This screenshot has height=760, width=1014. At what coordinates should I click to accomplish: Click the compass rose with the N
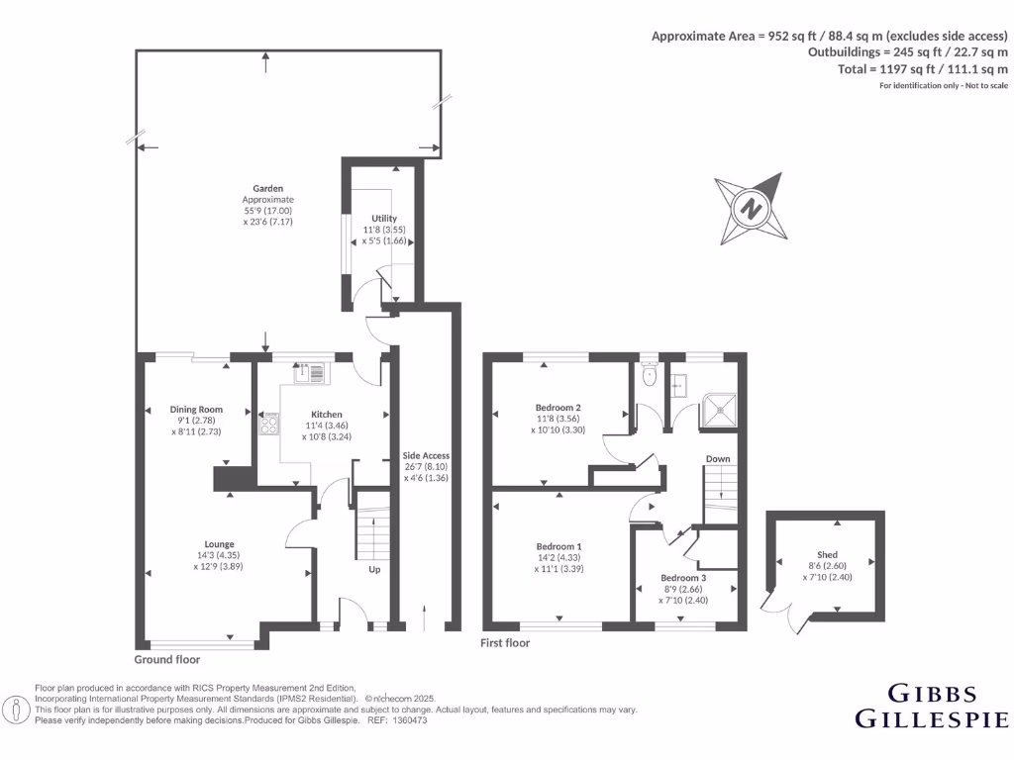pyautogui.click(x=752, y=209)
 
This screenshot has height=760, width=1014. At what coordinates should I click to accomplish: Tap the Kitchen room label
pyautogui.click(x=327, y=415)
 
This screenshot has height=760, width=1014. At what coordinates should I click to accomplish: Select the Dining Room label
pyautogui.click(x=196, y=409)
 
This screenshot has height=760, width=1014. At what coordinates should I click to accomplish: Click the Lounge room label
pyautogui.click(x=219, y=543)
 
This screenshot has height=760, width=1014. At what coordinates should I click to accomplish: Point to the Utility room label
pyautogui.click(x=384, y=219)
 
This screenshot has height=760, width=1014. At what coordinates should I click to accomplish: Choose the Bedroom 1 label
pyautogui.click(x=558, y=546)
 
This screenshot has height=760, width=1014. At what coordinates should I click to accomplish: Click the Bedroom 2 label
pyautogui.click(x=558, y=407)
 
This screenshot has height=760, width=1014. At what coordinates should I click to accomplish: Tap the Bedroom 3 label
pyautogui.click(x=684, y=578)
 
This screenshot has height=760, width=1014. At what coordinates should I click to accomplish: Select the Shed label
pyautogui.click(x=827, y=554)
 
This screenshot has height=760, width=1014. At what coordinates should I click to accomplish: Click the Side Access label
pyautogui.click(x=426, y=455)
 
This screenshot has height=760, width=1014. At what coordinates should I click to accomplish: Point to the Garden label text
pyautogui.click(x=267, y=188)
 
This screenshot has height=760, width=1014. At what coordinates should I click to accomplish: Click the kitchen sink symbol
pyautogui.click(x=309, y=373)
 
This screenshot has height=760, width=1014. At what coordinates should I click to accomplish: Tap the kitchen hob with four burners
pyautogui.click(x=268, y=424)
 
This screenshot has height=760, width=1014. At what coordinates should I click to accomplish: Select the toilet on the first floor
pyautogui.click(x=650, y=375)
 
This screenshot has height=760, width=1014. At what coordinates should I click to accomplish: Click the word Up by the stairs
pyautogui.click(x=374, y=570)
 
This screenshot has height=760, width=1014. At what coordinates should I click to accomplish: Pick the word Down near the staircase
pyautogui.click(x=718, y=459)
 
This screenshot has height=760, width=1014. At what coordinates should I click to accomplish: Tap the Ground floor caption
pyautogui.click(x=167, y=659)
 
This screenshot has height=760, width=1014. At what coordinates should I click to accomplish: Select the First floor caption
pyautogui.click(x=505, y=643)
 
